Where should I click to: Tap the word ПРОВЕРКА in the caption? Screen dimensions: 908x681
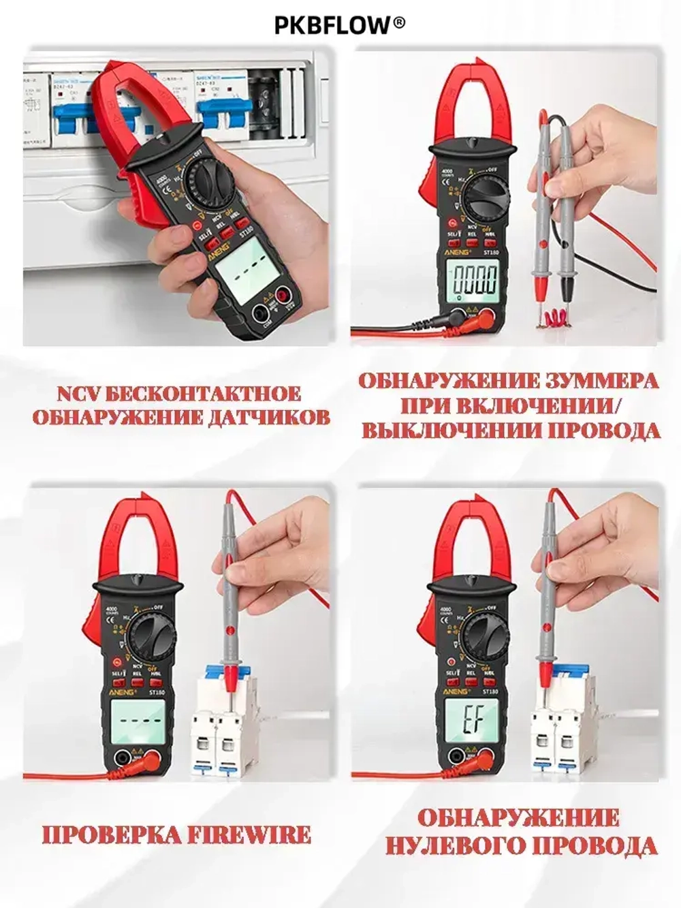click(113, 834)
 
